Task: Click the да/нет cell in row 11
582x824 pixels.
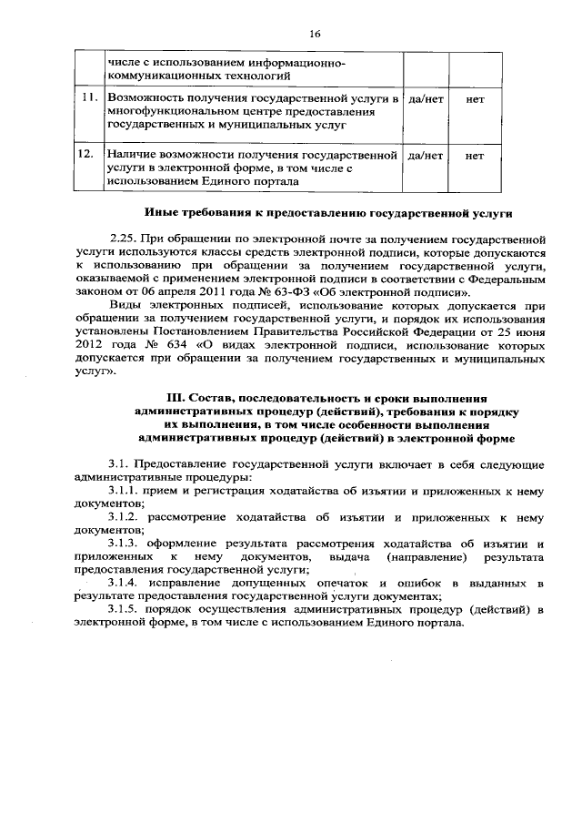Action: pyautogui.click(x=426, y=98)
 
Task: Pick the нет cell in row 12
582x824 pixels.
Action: pyautogui.click(x=474, y=156)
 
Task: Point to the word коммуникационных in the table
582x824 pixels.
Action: pyautogui.click(x=157, y=78)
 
